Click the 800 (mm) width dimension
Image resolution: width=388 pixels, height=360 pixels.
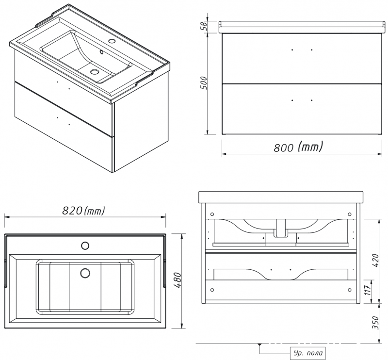(298, 147)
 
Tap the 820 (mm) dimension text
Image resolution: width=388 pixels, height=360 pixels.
(83, 211)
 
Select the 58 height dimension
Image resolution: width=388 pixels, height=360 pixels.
(205, 26)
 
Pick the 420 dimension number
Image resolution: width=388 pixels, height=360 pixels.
(374, 260)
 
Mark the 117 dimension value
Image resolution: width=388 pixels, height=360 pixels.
(374, 291)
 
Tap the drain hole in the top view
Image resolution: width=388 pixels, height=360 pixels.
(85, 274)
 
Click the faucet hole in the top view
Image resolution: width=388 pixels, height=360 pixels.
(85, 245)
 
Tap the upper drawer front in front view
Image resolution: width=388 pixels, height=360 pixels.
(301, 58)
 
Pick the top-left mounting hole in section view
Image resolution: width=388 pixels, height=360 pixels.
(212, 214)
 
